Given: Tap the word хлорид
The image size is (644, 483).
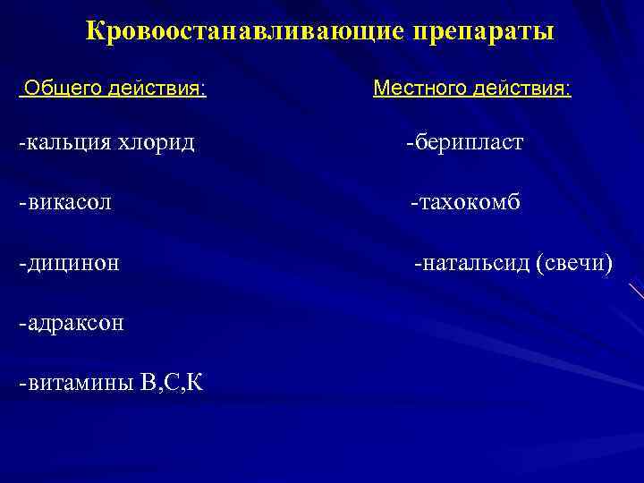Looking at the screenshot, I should tap(157, 142).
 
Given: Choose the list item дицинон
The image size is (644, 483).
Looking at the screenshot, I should tap(75, 263).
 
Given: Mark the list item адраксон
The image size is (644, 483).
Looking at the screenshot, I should tap(76, 323).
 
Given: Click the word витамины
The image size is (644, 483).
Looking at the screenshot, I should tap(81, 384).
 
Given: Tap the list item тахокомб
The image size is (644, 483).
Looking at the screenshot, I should tap(470, 202).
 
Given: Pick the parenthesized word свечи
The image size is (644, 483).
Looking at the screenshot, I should tap(575, 263).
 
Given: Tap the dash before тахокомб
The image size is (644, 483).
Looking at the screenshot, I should tap(413, 203).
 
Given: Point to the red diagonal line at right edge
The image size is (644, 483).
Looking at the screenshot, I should tap(636, 292).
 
